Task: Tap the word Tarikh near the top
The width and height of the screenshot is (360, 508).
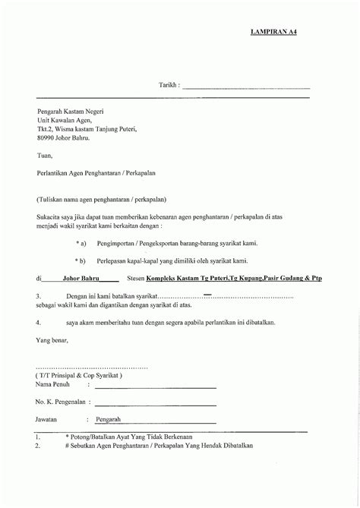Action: pyautogui.click(x=169, y=87)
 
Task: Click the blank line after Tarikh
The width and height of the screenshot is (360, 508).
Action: pyautogui.click(x=246, y=88)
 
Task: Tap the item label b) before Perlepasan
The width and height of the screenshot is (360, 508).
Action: pyautogui.click(x=82, y=260)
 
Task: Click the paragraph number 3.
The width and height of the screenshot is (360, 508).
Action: pyautogui.click(x=38, y=297)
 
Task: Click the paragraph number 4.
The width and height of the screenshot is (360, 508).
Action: pyautogui.click(x=38, y=322)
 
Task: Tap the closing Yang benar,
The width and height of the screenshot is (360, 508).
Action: pyautogui.click(x=52, y=339)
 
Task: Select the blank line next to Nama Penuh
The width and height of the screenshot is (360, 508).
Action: pyautogui.click(x=155, y=387)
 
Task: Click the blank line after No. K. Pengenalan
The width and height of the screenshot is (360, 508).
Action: pyautogui.click(x=155, y=402)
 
